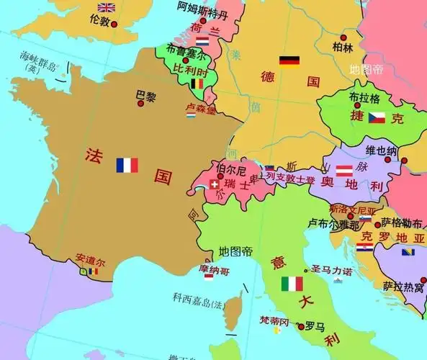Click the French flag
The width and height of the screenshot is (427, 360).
(x=127, y=166)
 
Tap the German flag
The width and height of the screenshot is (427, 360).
(x=289, y=61)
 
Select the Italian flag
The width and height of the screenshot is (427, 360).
(x=292, y=284)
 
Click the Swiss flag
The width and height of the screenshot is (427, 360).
(x=214, y=184)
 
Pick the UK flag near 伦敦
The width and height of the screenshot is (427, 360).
(x=107, y=8)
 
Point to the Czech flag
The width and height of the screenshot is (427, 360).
(x=377, y=117)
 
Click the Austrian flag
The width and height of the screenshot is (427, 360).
(x=344, y=171)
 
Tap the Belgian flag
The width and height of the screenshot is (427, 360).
(x=197, y=84)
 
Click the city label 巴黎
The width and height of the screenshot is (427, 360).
(x=145, y=95)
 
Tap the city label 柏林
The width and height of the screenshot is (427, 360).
(x=343, y=48)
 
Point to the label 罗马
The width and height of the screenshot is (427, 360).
(x=315, y=326)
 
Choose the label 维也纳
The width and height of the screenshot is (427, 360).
(x=381, y=151)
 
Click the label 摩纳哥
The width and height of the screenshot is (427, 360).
(x=216, y=270)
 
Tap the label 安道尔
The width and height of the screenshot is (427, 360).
(x=90, y=260)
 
